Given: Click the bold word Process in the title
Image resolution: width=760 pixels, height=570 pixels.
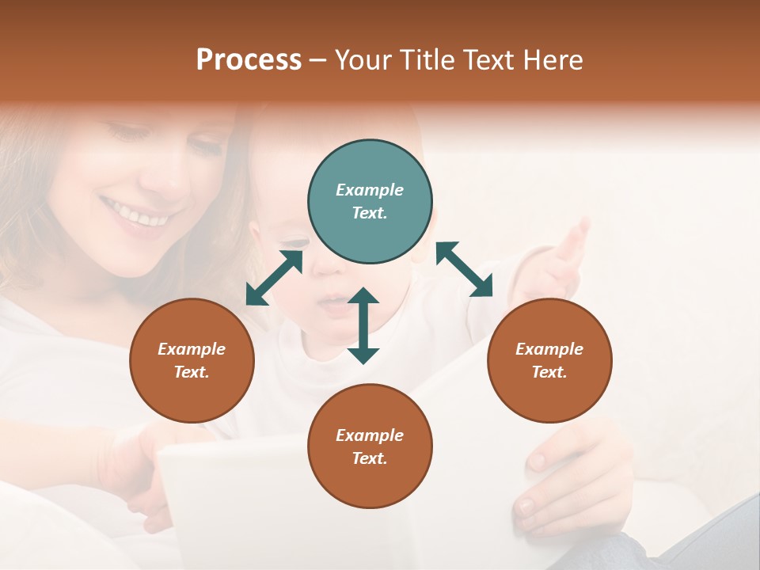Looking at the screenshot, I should (249, 60).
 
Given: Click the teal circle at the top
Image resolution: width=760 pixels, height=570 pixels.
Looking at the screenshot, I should (370, 201).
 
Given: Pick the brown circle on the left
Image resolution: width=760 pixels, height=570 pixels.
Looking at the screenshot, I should (192, 360).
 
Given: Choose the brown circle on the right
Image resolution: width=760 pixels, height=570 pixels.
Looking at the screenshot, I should (549, 360).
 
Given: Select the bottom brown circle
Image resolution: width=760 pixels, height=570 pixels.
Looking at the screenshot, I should (370, 446).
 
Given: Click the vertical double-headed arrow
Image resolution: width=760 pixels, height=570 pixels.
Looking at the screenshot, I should (363, 325).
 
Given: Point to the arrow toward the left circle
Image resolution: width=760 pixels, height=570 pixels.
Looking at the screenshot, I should (274, 278).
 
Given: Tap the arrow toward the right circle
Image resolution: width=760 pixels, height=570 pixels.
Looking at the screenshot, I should (465, 269).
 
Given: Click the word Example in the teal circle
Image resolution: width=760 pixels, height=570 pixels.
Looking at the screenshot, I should (370, 190).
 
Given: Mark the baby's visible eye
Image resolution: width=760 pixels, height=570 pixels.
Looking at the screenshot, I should (295, 241).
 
